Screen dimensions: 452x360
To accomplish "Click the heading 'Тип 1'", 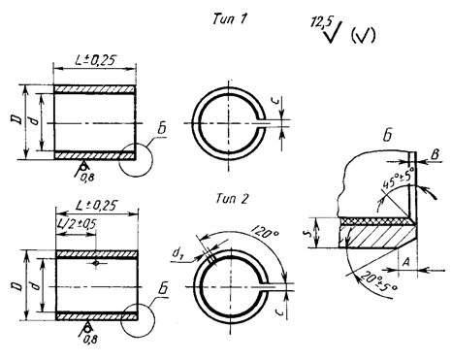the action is [230, 18].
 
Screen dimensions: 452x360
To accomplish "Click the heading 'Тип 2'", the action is [232, 199].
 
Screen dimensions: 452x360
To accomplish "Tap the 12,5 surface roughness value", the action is [318, 23].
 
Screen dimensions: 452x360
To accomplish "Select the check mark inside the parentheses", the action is [363, 35].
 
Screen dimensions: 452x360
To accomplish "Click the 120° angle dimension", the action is [264, 231].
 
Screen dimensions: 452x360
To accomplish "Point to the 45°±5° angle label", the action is [398, 179].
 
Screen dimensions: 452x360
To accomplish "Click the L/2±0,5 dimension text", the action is [77, 223].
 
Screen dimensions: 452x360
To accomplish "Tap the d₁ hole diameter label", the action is [177, 253].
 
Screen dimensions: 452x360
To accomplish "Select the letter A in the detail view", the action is [405, 262].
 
